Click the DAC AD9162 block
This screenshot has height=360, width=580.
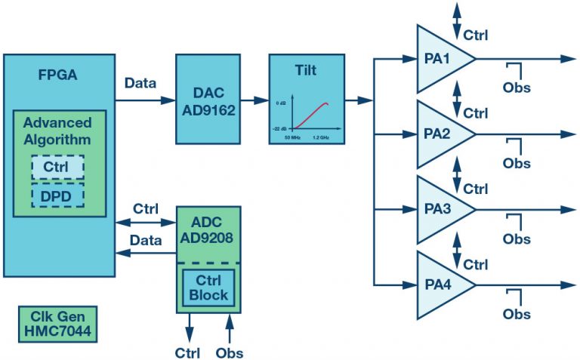tap(209, 99)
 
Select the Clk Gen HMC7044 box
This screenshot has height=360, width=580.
tap(57, 324)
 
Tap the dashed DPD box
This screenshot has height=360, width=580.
tap(57, 195)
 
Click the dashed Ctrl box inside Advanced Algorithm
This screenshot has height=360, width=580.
tap(57, 166)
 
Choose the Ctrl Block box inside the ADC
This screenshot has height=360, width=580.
tap(208, 288)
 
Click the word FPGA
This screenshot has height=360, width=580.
tap(57, 75)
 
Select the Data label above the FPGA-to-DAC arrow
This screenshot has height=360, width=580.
tap(140, 83)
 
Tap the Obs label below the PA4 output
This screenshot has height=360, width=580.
tap(517, 314)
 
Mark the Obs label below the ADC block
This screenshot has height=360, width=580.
tap(230, 352)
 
